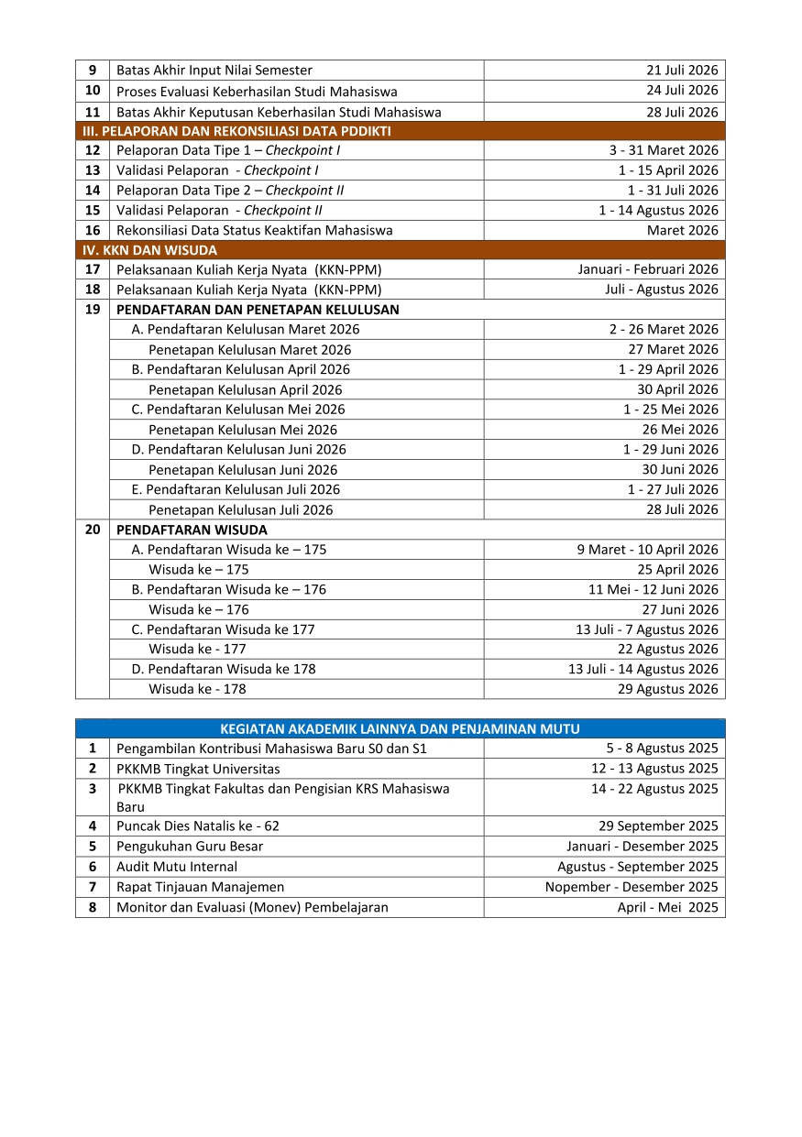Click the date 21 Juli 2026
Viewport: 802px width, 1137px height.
(682, 71)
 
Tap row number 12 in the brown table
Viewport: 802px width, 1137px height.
(93, 150)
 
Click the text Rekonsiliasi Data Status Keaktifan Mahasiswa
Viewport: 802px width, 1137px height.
(254, 231)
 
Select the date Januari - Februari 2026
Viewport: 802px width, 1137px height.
(648, 269)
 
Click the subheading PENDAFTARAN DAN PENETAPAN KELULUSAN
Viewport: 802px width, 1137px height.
(258, 310)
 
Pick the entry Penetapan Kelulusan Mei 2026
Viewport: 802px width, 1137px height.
(243, 430)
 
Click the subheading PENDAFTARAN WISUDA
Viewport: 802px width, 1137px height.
(192, 530)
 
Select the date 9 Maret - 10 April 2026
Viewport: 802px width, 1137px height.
(647, 550)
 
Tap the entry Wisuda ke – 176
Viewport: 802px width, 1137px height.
(199, 609)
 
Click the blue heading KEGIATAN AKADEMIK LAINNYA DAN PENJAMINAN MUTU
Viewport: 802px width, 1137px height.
(400, 729)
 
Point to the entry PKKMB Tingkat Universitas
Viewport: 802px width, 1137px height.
(198, 769)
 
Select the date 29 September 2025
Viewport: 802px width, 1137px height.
(658, 825)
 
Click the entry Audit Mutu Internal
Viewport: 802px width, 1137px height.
(177, 867)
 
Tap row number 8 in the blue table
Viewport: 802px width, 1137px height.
(93, 908)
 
